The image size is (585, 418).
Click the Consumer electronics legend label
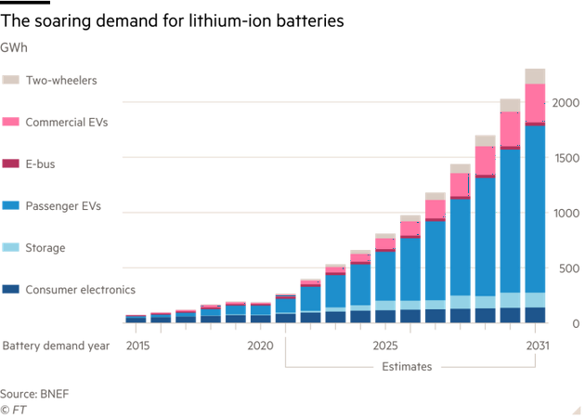point(80,289)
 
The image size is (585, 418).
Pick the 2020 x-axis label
point(261,345)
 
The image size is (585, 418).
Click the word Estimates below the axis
point(407,366)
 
